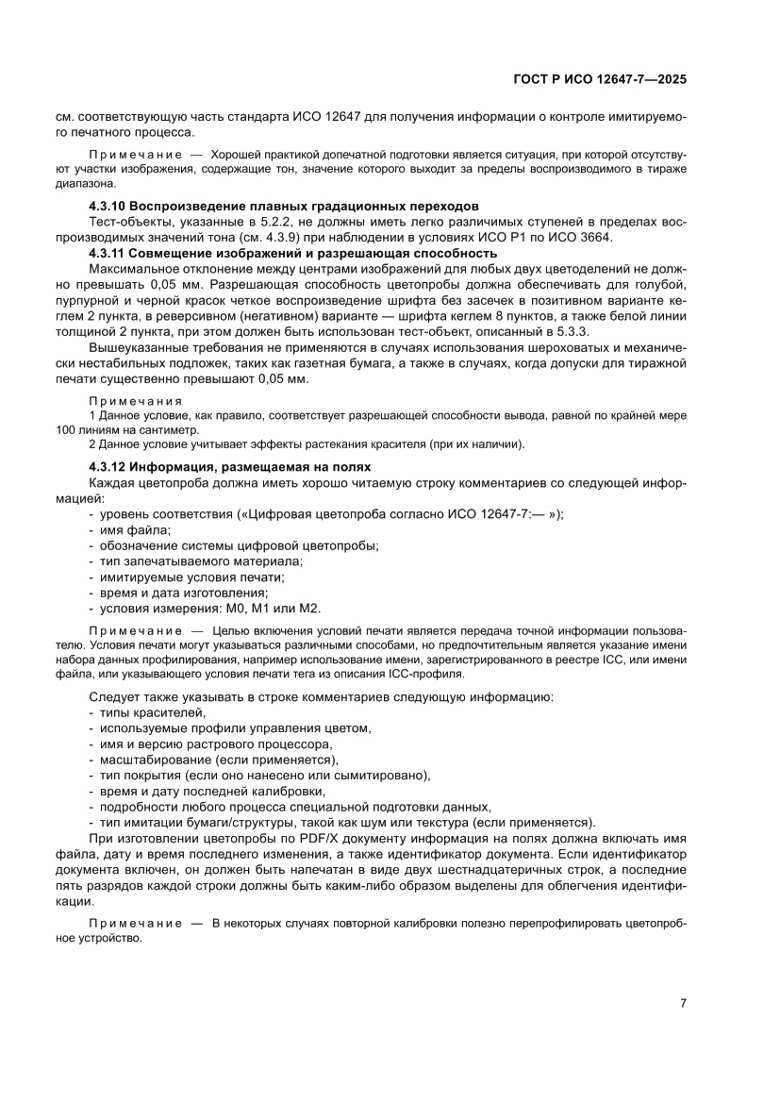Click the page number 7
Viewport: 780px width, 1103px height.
(x=682, y=1003)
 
